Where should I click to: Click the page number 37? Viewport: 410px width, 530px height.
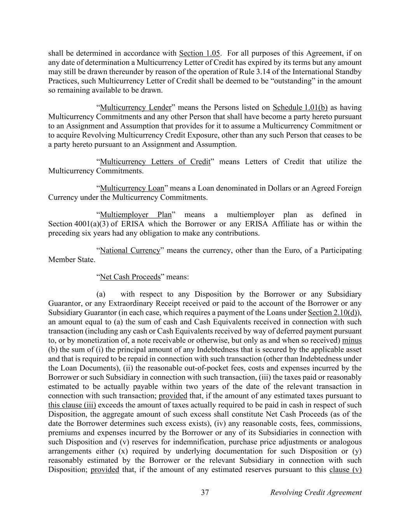coord(205,493)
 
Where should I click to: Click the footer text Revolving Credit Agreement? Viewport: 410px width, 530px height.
coord(316,493)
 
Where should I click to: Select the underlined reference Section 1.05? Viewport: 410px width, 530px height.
coord(199,53)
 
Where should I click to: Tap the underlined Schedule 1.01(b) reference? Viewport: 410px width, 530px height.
coord(300,108)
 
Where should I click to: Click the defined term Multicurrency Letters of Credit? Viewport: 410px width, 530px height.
coord(155,162)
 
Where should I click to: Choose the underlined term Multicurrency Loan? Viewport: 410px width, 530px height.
coord(132,188)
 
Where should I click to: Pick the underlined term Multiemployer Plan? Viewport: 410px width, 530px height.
coord(136,215)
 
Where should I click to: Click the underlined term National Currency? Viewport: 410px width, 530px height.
coord(130,250)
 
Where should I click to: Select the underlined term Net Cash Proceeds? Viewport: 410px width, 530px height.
coord(130,277)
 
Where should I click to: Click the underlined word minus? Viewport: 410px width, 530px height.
coord(352,341)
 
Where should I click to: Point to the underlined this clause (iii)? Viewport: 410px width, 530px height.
coord(72,405)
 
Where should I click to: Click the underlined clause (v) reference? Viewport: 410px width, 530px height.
coord(345,470)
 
